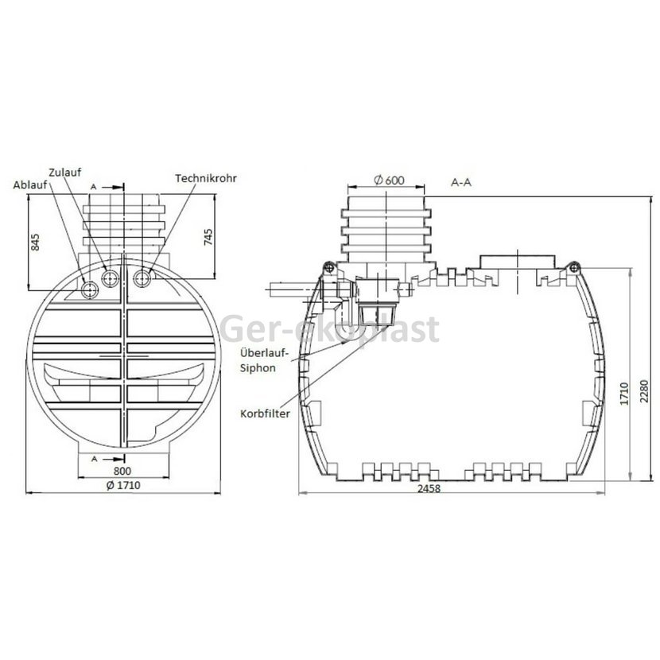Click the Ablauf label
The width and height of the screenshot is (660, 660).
coord(30,185)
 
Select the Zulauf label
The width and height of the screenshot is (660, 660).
coord(65,173)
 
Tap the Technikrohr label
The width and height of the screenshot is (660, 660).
coord(206,178)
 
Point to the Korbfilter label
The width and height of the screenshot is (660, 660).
coord(265,413)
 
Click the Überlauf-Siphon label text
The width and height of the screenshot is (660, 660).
coord(264,361)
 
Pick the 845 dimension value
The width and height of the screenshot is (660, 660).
coord(35,243)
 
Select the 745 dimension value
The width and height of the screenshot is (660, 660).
coord(208,238)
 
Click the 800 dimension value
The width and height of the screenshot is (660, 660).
coord(122,471)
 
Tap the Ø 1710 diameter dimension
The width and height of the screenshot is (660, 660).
coord(123,485)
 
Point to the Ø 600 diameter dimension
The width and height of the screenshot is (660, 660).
coord(389,181)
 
